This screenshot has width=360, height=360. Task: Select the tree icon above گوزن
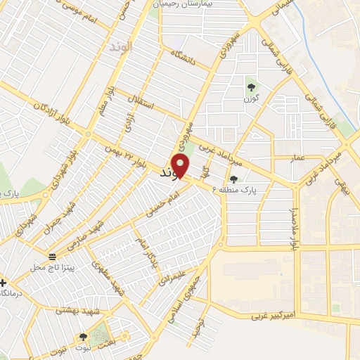(252, 87)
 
